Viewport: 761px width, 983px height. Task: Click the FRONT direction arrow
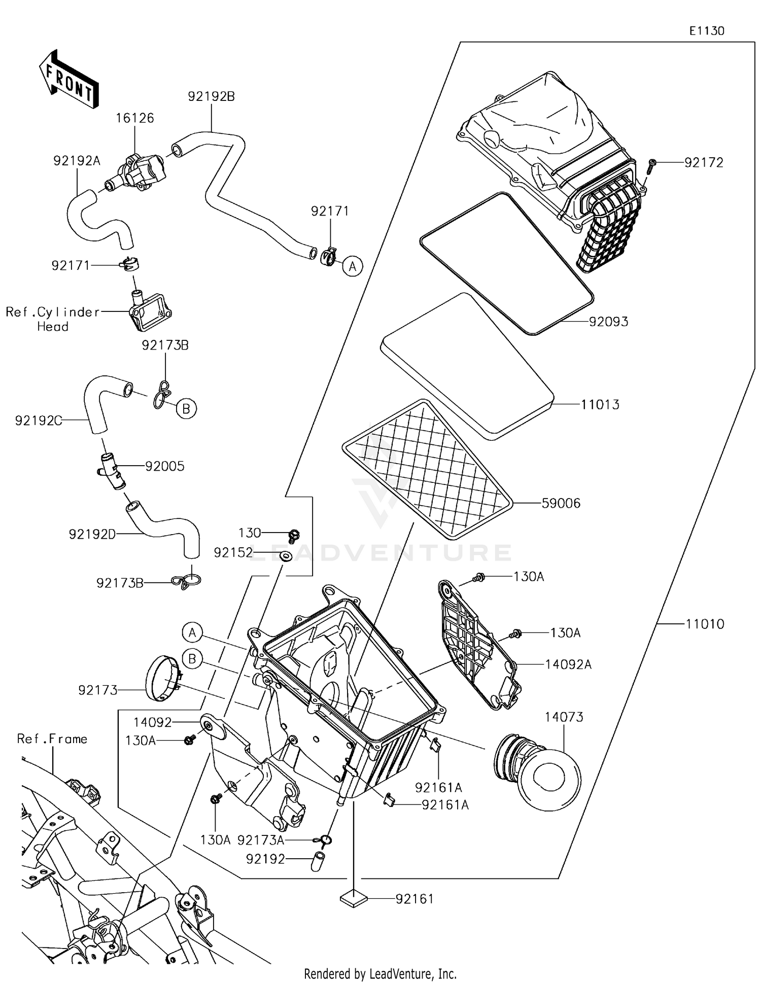point(68,79)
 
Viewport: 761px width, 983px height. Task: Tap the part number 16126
point(134,118)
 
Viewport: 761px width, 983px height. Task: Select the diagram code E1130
point(707,31)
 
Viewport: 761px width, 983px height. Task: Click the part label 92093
point(608,322)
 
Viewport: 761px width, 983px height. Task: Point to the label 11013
point(600,405)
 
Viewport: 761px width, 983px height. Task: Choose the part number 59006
point(561,503)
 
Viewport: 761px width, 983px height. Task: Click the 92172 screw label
point(704,163)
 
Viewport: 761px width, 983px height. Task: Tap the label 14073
point(564,717)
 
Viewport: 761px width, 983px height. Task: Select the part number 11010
point(705,624)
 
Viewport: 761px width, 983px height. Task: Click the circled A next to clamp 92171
point(353,266)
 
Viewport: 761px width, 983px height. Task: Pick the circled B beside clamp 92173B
point(186,408)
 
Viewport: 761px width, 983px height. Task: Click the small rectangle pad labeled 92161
point(354,899)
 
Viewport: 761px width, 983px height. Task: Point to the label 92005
point(164,466)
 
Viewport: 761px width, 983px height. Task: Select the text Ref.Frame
point(52,739)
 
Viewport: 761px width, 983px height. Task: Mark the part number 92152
point(233,552)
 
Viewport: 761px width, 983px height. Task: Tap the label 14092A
point(568,664)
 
